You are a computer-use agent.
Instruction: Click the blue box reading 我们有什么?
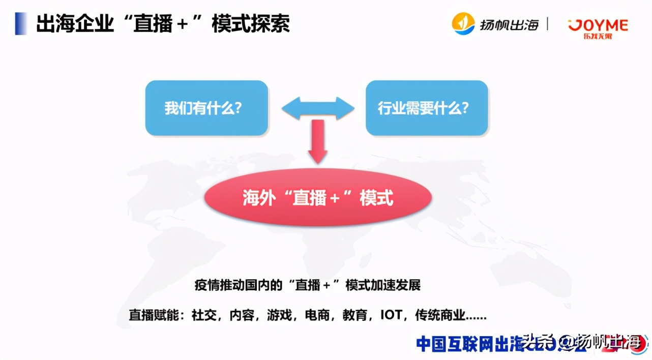tap(206, 108)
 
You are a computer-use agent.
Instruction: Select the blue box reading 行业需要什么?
tap(427, 108)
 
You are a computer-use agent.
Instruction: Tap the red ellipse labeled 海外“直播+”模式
tap(318, 197)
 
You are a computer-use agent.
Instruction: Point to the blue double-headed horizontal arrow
tap(318, 108)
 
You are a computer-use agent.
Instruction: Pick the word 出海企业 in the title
tap(75, 24)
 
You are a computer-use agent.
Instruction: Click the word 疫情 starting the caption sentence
tap(205, 285)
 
